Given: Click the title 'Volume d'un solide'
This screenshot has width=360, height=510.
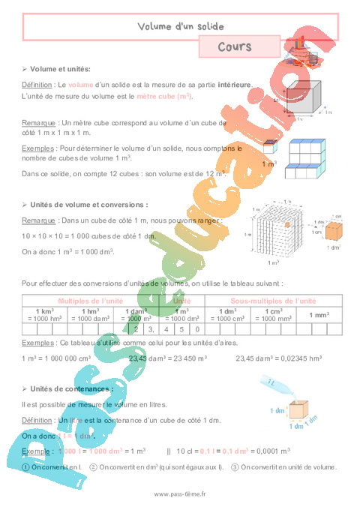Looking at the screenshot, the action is tap(181, 27).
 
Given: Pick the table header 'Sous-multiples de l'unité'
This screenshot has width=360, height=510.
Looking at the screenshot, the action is tap(274, 300).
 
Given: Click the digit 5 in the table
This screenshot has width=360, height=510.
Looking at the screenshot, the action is tap(181, 328).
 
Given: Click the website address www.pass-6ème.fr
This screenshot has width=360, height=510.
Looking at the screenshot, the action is tap(180, 494).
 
